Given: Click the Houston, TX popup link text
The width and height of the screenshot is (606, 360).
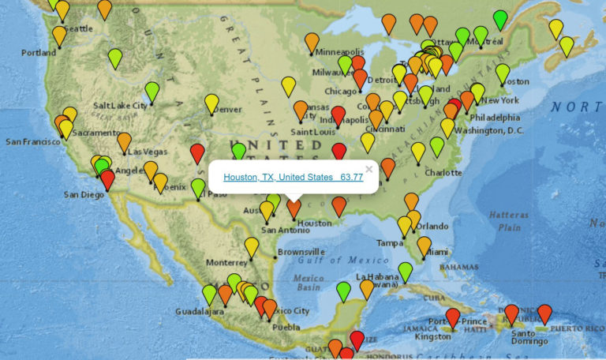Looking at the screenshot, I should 293,178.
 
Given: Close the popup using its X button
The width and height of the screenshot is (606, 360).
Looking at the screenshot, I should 368,169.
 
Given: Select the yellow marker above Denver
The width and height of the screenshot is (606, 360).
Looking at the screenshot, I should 211,103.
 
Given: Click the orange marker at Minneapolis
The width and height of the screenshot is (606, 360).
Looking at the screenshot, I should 312,42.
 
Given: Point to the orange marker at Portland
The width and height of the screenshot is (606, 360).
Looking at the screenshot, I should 59,36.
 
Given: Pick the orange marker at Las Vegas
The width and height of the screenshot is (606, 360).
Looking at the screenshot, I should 124,141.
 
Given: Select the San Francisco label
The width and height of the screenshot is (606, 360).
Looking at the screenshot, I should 32,141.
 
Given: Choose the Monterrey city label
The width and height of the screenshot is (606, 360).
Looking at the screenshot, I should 226,262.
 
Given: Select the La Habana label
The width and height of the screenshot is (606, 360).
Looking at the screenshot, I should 375,277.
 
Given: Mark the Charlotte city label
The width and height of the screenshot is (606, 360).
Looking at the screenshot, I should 443,172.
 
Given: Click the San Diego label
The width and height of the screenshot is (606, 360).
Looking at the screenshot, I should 83,194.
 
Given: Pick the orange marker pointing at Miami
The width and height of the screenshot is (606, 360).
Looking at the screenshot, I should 424,246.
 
